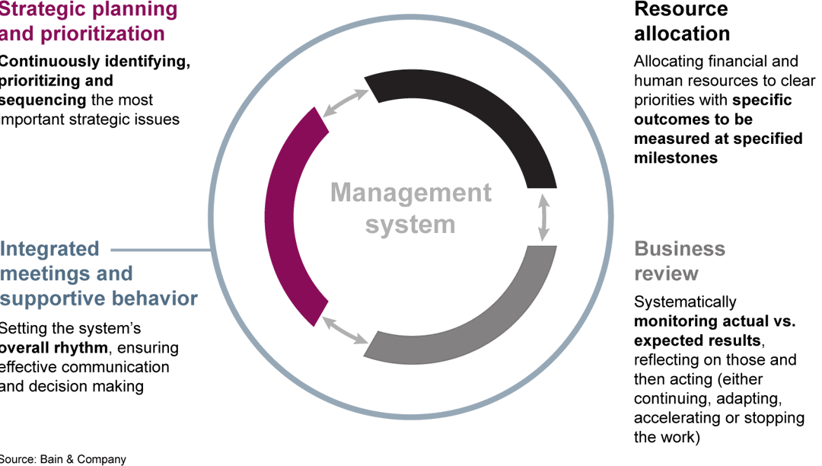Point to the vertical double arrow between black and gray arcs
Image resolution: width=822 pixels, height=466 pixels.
[x=543, y=218]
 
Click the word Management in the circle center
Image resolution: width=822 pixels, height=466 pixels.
[x=411, y=193]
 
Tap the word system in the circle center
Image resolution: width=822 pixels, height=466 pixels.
[x=411, y=225]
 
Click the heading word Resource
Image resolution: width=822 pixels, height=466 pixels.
[x=681, y=10]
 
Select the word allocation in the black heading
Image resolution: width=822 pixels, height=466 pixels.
[x=682, y=34]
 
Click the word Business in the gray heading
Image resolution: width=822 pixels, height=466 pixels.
[x=680, y=249]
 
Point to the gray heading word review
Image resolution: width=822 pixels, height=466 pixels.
[x=667, y=273]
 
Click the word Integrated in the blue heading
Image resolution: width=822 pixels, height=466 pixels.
[x=50, y=249]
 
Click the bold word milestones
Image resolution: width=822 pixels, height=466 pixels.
[x=676, y=158]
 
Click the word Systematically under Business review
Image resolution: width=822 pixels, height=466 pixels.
[x=685, y=302]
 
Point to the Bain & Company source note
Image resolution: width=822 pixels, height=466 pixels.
[x=63, y=459]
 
